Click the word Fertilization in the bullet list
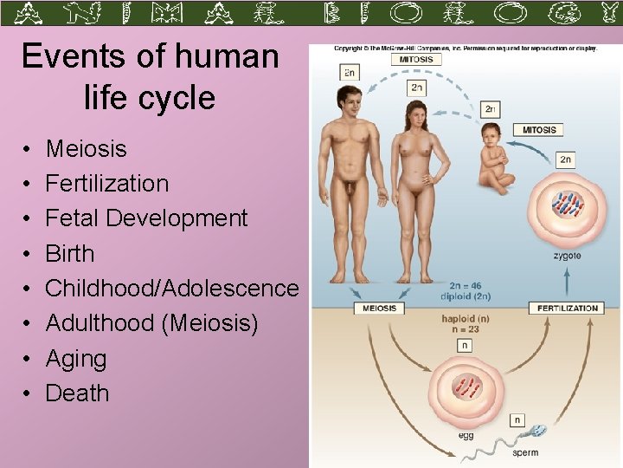click(107, 184)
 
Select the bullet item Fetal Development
click(146, 218)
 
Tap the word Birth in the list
click(69, 254)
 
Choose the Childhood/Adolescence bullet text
click(171, 289)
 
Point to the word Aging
click(76, 359)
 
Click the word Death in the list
click(77, 393)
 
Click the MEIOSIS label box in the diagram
click(380, 308)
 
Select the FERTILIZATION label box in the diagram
click(568, 308)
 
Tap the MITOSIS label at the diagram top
click(416, 60)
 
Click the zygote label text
click(566, 256)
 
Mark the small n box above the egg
click(466, 345)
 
